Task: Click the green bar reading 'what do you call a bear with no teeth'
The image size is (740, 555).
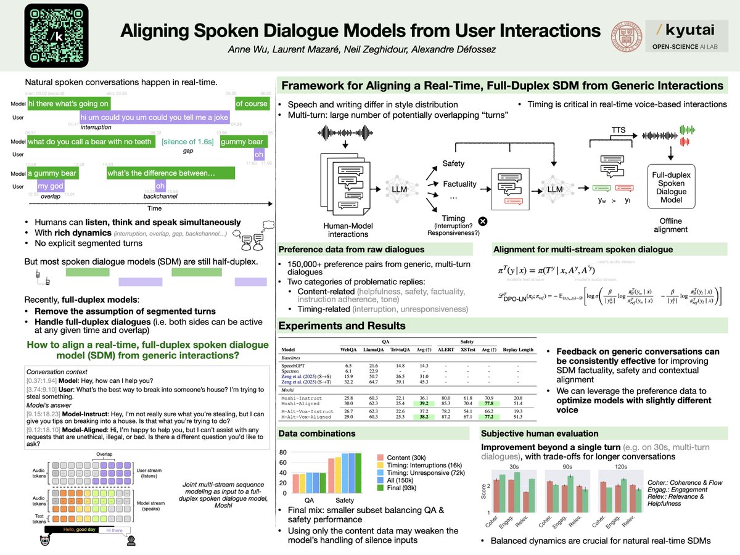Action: tap(90, 142)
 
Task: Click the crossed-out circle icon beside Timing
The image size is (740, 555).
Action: tap(483, 221)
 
